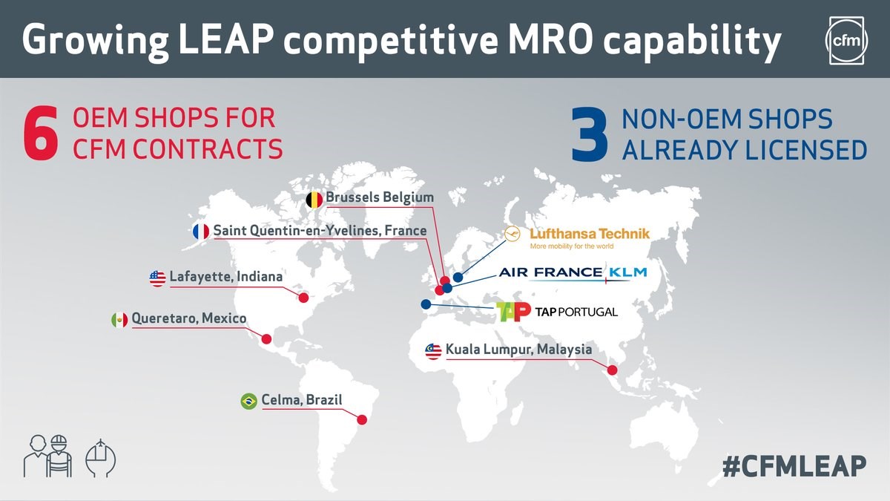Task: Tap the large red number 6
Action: pyautogui.click(x=41, y=134)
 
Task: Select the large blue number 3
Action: pyautogui.click(x=590, y=134)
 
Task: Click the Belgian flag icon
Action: pyautogui.click(x=314, y=199)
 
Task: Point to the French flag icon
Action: pyautogui.click(x=201, y=232)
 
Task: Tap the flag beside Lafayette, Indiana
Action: pyautogui.click(x=157, y=278)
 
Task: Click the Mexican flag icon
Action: pyautogui.click(x=119, y=320)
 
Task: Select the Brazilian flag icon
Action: pyautogui.click(x=249, y=402)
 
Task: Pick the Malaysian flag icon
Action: pyautogui.click(x=433, y=351)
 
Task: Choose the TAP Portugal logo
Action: pyautogui.click(x=556, y=312)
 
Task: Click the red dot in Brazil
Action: pyautogui.click(x=362, y=419)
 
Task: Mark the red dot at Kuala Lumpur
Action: pyautogui.click(x=613, y=370)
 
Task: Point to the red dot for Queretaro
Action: pyautogui.click(x=266, y=339)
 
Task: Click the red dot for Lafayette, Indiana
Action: pyautogui.click(x=303, y=298)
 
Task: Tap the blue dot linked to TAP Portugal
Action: pyautogui.click(x=425, y=304)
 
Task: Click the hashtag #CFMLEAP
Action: pyautogui.click(x=794, y=466)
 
